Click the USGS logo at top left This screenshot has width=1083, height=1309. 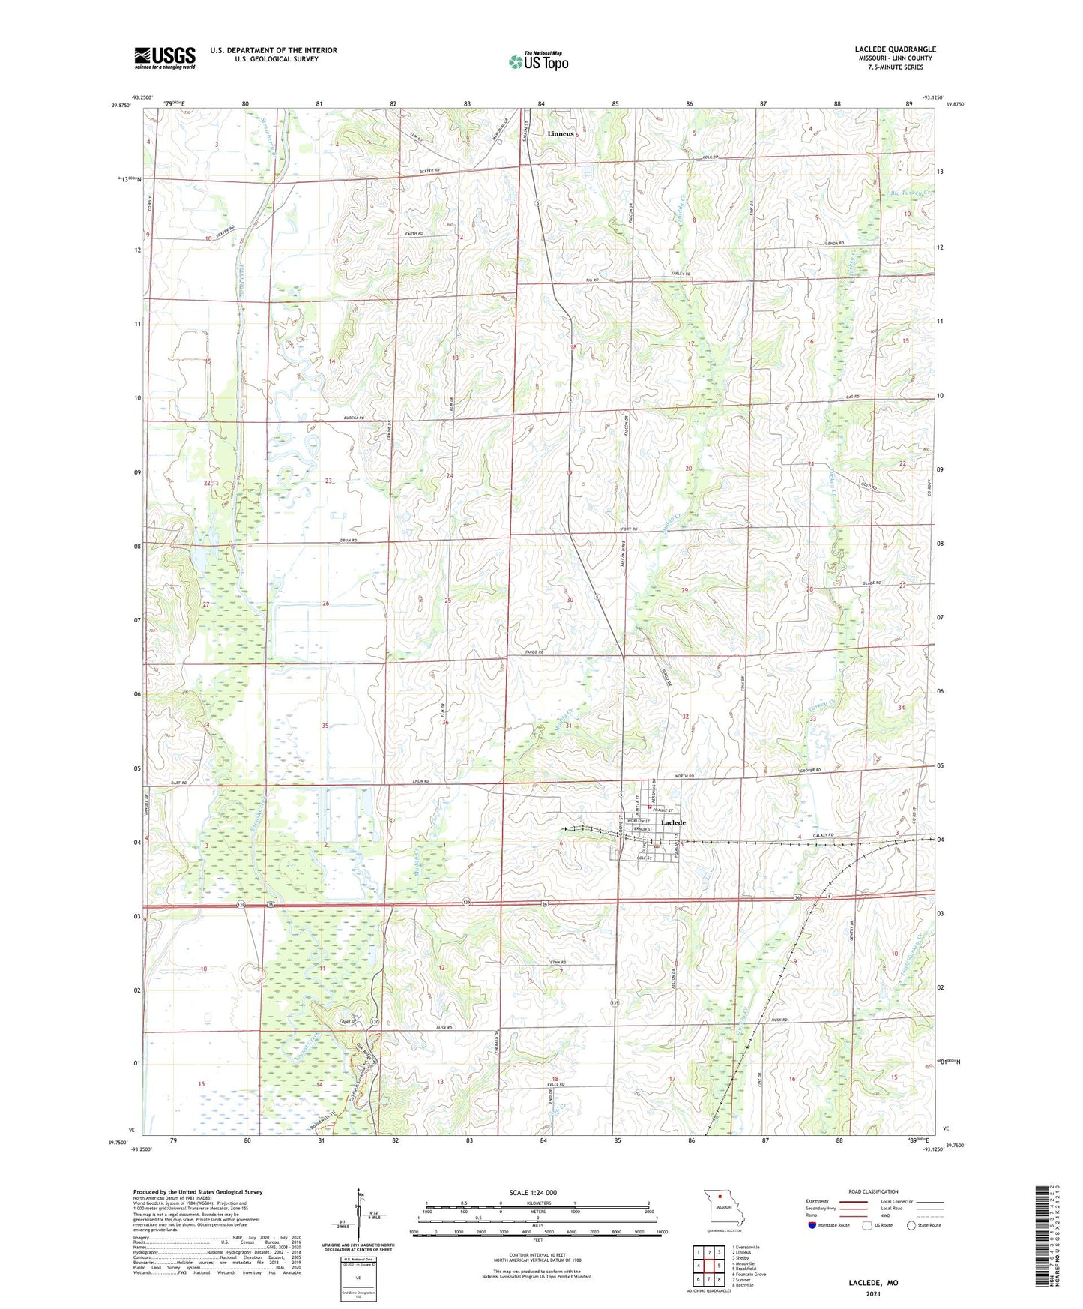pyautogui.click(x=165, y=58)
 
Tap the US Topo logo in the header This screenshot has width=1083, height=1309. pyautogui.click(x=538, y=61)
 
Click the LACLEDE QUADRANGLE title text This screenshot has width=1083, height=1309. pyautogui.click(x=895, y=49)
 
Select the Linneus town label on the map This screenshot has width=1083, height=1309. pyautogui.click(x=561, y=134)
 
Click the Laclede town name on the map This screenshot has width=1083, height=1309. pyautogui.click(x=672, y=823)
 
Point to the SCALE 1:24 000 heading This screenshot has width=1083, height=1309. pyautogui.click(x=532, y=1193)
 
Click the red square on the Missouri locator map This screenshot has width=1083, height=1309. pyautogui.click(x=720, y=1197)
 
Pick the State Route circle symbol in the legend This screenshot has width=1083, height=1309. pyautogui.click(x=911, y=1225)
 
